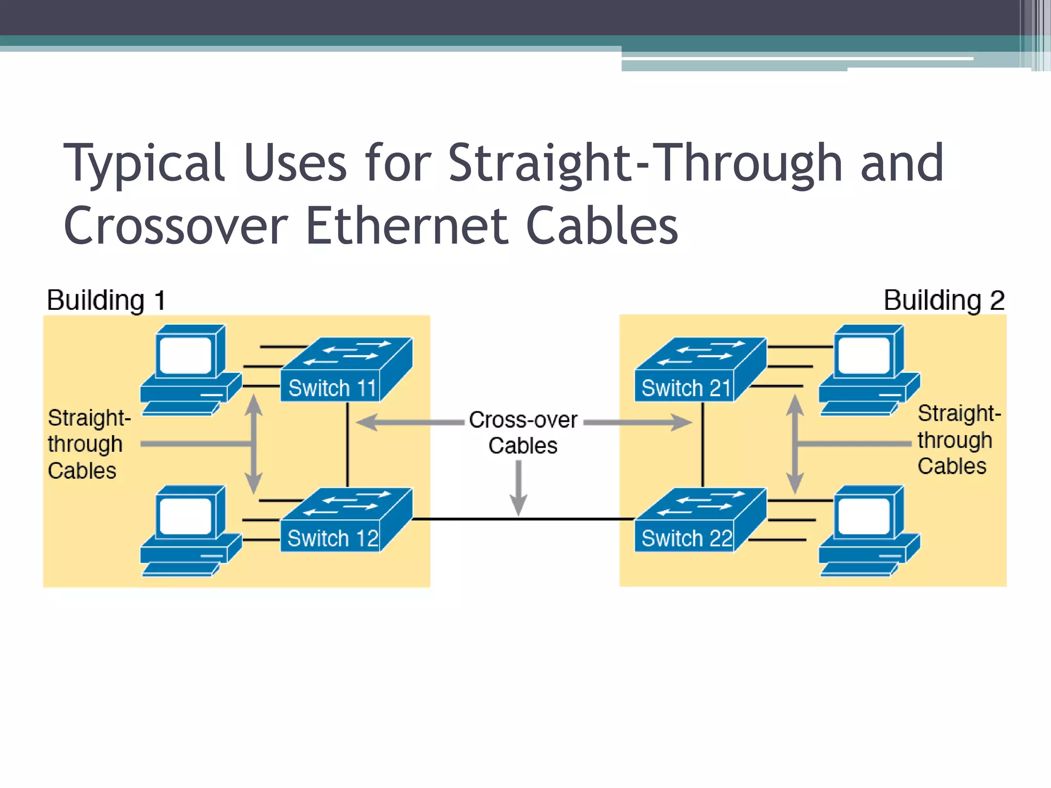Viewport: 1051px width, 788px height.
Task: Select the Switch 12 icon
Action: click(346, 520)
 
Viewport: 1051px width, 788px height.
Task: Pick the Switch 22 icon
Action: click(700, 520)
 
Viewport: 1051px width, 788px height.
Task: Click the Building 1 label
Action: click(106, 300)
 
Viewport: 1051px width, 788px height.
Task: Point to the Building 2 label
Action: click(944, 300)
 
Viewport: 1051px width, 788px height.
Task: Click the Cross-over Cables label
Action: click(523, 432)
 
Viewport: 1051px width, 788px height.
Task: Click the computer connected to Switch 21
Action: click(869, 369)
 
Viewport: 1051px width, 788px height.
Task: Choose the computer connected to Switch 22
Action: click(869, 530)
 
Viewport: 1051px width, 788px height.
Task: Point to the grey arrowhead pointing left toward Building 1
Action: click(367, 422)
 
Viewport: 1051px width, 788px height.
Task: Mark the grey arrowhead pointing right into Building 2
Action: click(682, 422)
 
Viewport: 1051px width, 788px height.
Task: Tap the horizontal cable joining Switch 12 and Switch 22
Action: click(523, 519)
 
